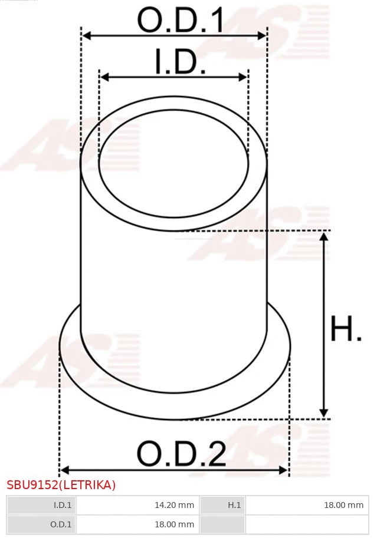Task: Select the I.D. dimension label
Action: [180, 62]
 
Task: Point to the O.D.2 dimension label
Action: [181, 454]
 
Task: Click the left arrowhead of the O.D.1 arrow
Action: [86, 36]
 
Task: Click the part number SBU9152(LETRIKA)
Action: [61, 485]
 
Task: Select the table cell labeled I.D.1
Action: [41, 505]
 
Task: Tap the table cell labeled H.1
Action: [223, 505]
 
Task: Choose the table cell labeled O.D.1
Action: [41, 524]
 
